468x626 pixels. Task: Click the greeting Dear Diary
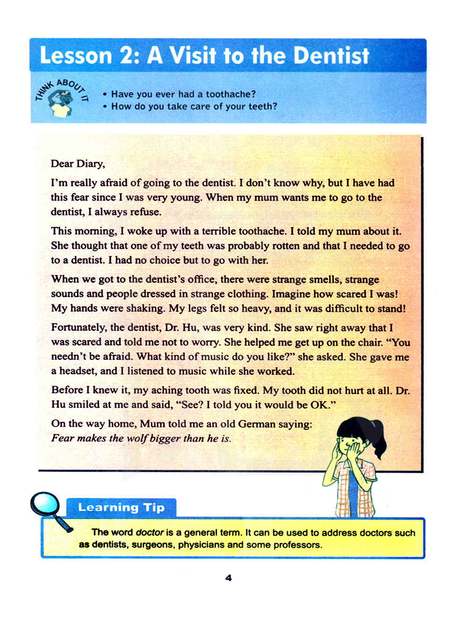click(x=78, y=164)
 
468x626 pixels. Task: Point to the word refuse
click(x=146, y=212)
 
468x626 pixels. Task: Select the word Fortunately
click(x=79, y=328)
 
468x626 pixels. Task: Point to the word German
click(x=257, y=424)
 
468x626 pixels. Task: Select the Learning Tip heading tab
click(x=121, y=507)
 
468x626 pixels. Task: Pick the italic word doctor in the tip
click(x=149, y=533)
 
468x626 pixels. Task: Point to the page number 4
click(x=228, y=578)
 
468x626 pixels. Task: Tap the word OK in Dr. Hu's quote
click(x=320, y=405)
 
